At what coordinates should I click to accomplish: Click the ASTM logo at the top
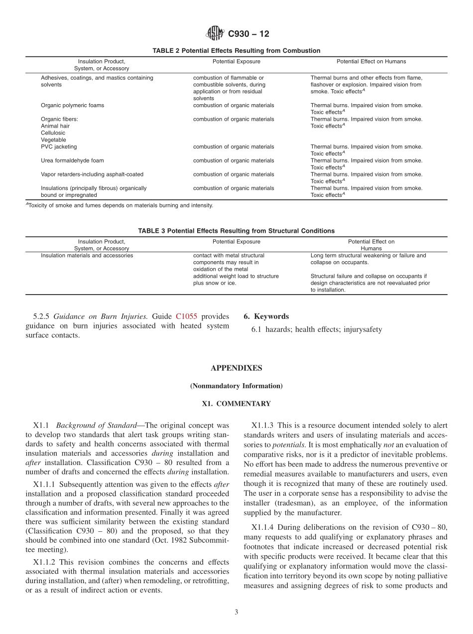point(216,34)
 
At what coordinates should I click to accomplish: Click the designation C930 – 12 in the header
point(248,34)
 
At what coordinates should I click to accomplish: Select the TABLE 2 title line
point(236,51)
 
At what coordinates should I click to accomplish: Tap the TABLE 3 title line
point(236,231)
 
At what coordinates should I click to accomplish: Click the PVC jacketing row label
point(59,147)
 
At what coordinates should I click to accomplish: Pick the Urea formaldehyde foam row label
point(72,161)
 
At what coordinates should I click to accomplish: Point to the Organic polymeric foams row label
point(72,106)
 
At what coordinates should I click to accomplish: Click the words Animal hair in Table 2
point(55,127)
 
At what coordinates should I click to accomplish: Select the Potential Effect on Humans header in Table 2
point(371,62)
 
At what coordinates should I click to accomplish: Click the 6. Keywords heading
point(266,317)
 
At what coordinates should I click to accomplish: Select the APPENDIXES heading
point(236,368)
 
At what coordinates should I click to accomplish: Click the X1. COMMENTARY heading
point(236,404)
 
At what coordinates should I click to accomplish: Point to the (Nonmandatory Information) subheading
point(236,386)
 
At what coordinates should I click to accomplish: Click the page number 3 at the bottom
point(236,613)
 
